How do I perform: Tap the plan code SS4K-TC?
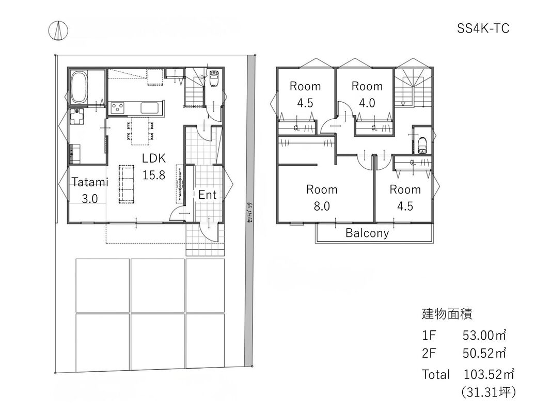(x=483, y=29)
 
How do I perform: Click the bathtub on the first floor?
(x=80, y=87)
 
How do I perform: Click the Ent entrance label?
(x=208, y=195)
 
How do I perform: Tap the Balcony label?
(x=367, y=233)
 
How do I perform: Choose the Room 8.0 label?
(x=322, y=198)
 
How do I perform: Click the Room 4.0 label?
(x=367, y=94)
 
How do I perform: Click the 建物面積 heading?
(x=447, y=313)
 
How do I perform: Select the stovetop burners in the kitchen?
(x=118, y=107)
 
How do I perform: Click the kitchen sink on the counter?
(x=150, y=108)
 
